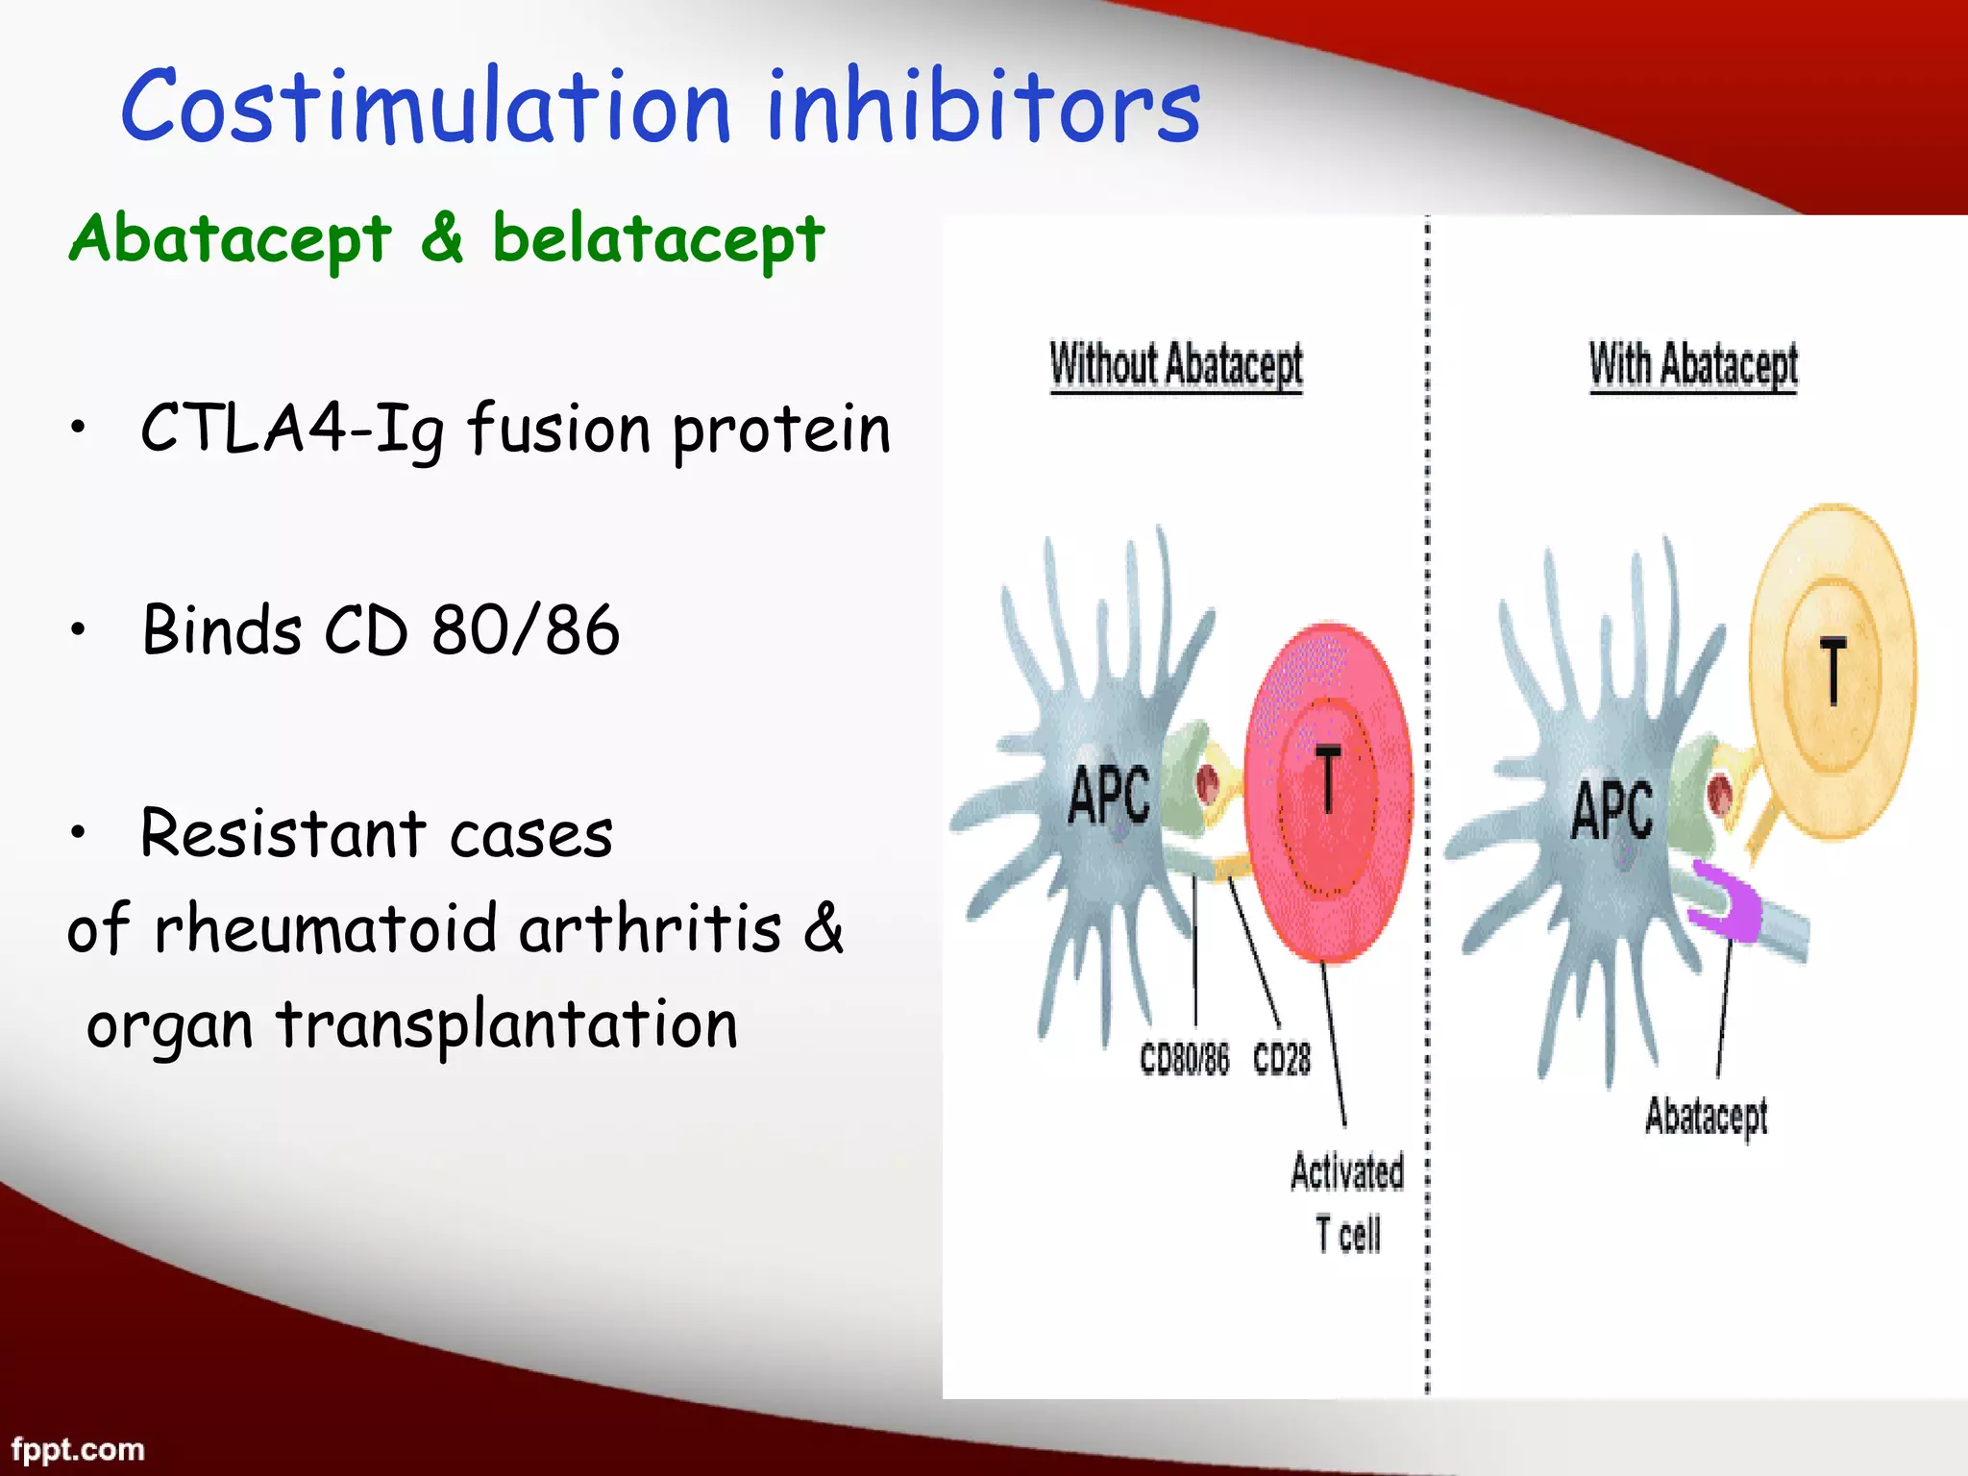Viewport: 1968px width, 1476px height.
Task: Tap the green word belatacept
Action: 658,239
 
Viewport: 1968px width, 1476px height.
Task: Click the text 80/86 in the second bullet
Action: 525,630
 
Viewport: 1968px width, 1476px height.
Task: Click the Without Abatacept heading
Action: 1176,365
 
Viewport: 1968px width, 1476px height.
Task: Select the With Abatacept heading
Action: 1693,365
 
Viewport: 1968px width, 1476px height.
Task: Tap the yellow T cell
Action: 1833,673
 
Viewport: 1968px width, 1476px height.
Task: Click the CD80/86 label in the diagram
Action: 1184,1059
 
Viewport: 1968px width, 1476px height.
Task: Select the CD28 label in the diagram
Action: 1282,1059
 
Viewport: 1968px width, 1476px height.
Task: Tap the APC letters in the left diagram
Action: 1109,796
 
